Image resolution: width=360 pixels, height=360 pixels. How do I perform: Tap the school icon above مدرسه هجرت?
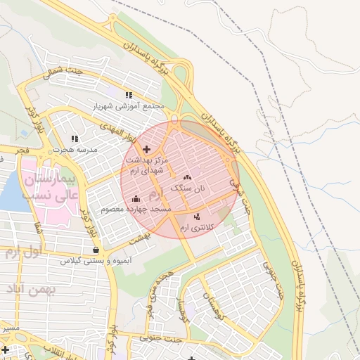[75, 139]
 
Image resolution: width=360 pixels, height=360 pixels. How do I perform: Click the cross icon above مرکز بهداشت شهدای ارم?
[146, 149]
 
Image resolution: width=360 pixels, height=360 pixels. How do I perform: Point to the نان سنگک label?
[189, 188]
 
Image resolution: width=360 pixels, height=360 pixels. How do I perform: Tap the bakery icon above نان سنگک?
[187, 177]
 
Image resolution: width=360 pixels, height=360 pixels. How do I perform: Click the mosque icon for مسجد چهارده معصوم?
[135, 199]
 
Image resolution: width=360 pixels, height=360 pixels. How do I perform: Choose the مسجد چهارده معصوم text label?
[136, 210]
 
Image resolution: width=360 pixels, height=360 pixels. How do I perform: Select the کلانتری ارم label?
[195, 229]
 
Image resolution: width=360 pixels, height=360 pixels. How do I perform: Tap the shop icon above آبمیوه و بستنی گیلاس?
[95, 250]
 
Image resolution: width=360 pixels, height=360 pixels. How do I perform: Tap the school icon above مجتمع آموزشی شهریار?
[128, 95]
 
